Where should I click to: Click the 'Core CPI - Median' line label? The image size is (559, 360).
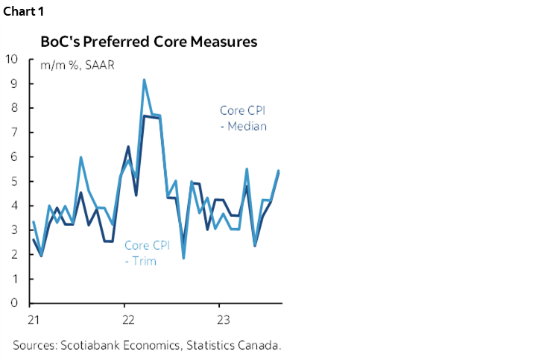(x=243, y=118)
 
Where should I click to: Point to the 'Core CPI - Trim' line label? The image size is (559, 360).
(x=147, y=253)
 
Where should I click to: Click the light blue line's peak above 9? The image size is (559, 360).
(x=144, y=80)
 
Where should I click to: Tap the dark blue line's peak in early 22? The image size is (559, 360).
(x=128, y=146)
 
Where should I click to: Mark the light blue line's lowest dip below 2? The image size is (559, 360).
(x=183, y=258)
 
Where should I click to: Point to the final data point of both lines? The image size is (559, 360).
(x=278, y=171)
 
